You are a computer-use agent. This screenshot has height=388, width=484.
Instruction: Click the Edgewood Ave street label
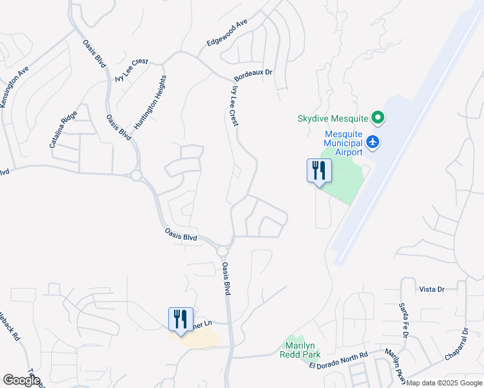227,32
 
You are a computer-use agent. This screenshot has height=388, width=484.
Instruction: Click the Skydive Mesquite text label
332,118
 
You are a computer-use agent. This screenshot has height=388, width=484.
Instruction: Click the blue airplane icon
373,141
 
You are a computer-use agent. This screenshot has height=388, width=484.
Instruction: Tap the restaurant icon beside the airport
318,170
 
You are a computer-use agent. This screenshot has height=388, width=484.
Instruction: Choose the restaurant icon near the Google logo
181,318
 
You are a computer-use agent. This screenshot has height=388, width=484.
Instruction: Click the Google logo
21,380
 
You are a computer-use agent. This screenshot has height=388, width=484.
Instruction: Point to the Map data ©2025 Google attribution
444,383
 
